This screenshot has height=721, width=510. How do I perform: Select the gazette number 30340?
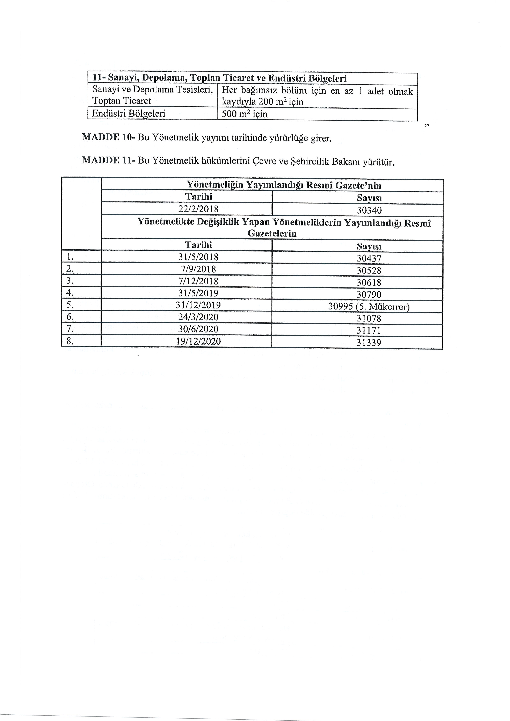(x=369, y=210)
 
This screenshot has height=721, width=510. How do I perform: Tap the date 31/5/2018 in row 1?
(x=198, y=257)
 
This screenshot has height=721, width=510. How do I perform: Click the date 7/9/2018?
(x=198, y=269)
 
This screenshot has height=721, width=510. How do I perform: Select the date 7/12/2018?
(x=198, y=281)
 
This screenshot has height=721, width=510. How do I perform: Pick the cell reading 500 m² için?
(x=244, y=114)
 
